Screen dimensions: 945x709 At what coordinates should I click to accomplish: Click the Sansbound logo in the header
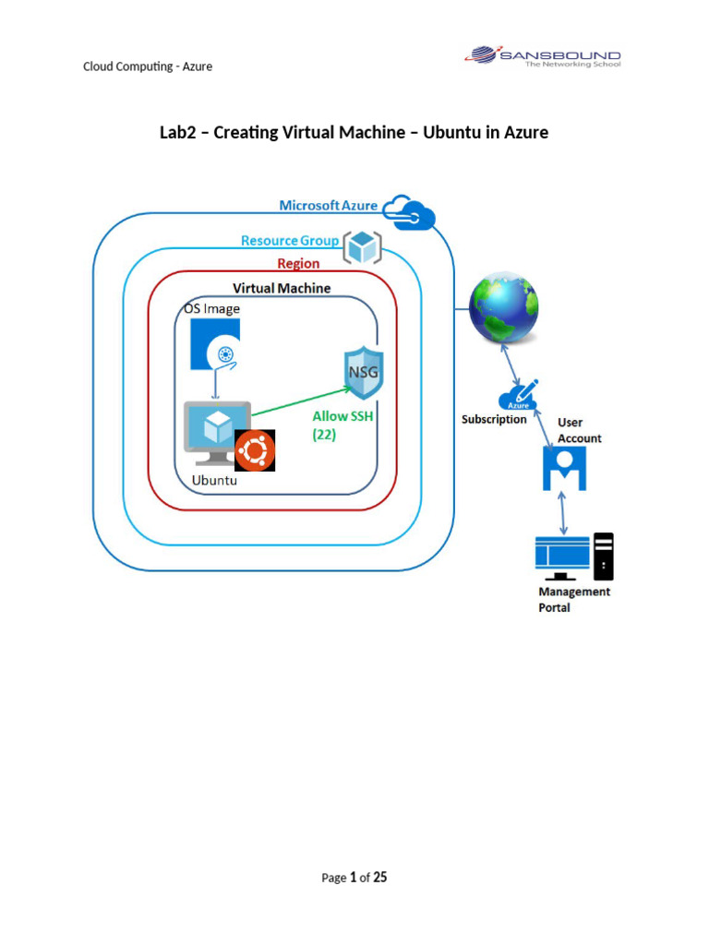pos(542,57)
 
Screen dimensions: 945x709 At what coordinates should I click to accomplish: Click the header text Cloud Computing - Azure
pos(148,66)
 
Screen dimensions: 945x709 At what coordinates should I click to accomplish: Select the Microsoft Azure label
pos(328,205)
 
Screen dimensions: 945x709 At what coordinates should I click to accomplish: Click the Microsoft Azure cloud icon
pos(410,212)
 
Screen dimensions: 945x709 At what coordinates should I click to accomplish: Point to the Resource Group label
pos(289,241)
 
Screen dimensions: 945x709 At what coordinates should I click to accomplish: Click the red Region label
pos(298,264)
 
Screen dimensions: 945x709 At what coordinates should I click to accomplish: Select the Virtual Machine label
pos(281,288)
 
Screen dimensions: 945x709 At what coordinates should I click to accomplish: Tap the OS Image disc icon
pos(215,344)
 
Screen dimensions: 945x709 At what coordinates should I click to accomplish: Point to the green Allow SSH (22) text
pos(342,425)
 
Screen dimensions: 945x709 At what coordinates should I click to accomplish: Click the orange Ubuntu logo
pos(255,450)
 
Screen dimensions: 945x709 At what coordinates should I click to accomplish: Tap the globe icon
pos(503,310)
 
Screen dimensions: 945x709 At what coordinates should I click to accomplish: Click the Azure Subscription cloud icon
pos(518,396)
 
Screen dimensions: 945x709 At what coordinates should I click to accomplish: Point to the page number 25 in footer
pos(379,878)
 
